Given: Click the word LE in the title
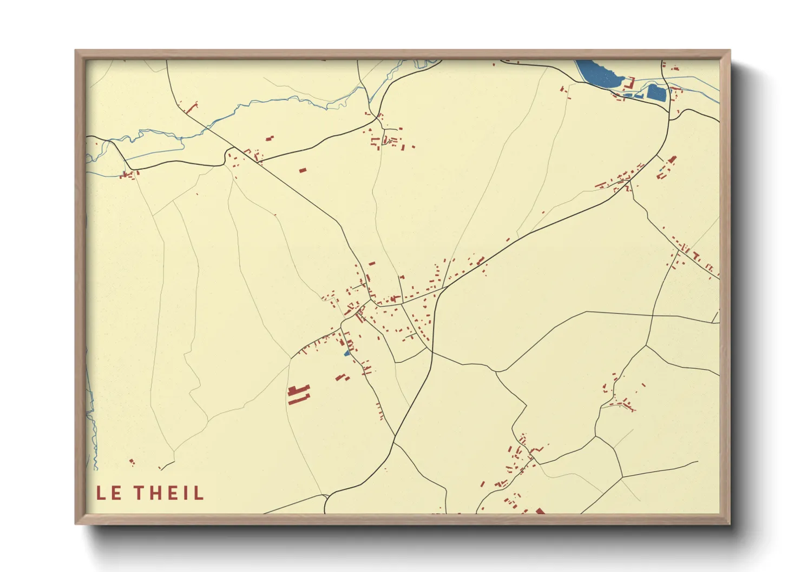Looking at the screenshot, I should [x=108, y=493].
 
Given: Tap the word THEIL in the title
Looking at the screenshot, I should [x=169, y=493].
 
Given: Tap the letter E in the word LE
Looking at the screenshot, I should [x=115, y=493].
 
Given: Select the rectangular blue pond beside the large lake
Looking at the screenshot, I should [x=656, y=92].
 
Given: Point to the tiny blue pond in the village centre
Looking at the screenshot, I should [x=347, y=354].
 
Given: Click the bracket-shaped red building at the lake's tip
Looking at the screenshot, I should [x=629, y=84].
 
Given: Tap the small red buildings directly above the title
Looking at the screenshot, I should [x=132, y=462].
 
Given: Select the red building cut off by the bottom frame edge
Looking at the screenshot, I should [x=540, y=511].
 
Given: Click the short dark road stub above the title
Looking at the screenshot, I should [x=167, y=465].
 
